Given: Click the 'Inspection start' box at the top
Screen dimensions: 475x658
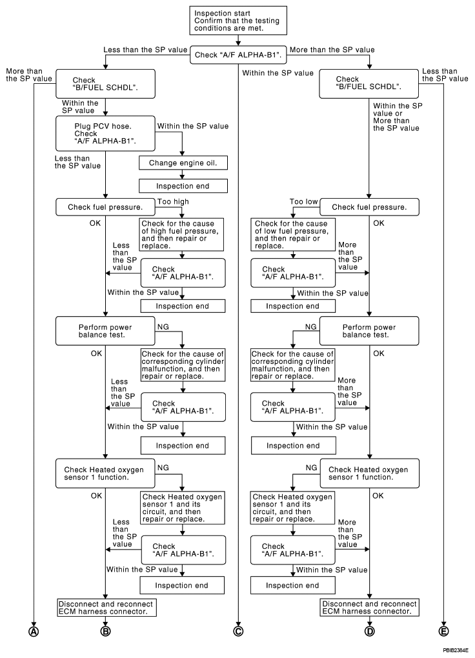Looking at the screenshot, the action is pos(238,20).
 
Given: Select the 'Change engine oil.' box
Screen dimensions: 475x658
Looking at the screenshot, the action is pos(183,163).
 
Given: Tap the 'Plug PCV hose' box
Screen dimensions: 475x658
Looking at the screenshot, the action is pos(105,134).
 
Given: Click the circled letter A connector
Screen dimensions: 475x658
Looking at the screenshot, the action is pos(34,631).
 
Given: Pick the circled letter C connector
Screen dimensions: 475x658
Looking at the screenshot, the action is pos(238,631).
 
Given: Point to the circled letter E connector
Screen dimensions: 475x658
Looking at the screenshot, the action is pos(443,631).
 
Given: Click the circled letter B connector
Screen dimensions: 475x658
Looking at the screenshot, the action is pos(105,631).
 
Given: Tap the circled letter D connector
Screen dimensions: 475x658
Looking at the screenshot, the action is pos(370,631).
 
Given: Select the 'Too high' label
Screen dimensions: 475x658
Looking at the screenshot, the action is pos(173,202).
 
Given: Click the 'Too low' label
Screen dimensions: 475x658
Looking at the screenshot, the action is pos(303,202).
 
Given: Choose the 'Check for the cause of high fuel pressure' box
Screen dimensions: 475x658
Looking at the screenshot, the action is pos(182,235).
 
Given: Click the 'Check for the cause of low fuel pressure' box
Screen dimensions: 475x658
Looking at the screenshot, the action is pos(293,235).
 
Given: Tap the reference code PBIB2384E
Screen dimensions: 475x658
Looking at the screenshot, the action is pos(455,650).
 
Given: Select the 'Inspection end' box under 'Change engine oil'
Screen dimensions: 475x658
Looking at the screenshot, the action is pos(183,186).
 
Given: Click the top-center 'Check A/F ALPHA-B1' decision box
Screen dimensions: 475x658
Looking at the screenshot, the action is pos(238,55).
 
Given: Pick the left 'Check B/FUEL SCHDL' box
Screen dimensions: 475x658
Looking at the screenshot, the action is pos(105,84).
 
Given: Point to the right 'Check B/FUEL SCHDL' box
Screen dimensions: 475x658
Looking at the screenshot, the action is pos(369,83).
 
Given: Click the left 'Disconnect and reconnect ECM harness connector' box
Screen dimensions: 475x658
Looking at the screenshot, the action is pos(106,608).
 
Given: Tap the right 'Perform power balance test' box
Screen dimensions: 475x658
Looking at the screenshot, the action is pos(369,331).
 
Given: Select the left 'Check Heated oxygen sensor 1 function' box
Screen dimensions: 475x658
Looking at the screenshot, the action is pos(105,474).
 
